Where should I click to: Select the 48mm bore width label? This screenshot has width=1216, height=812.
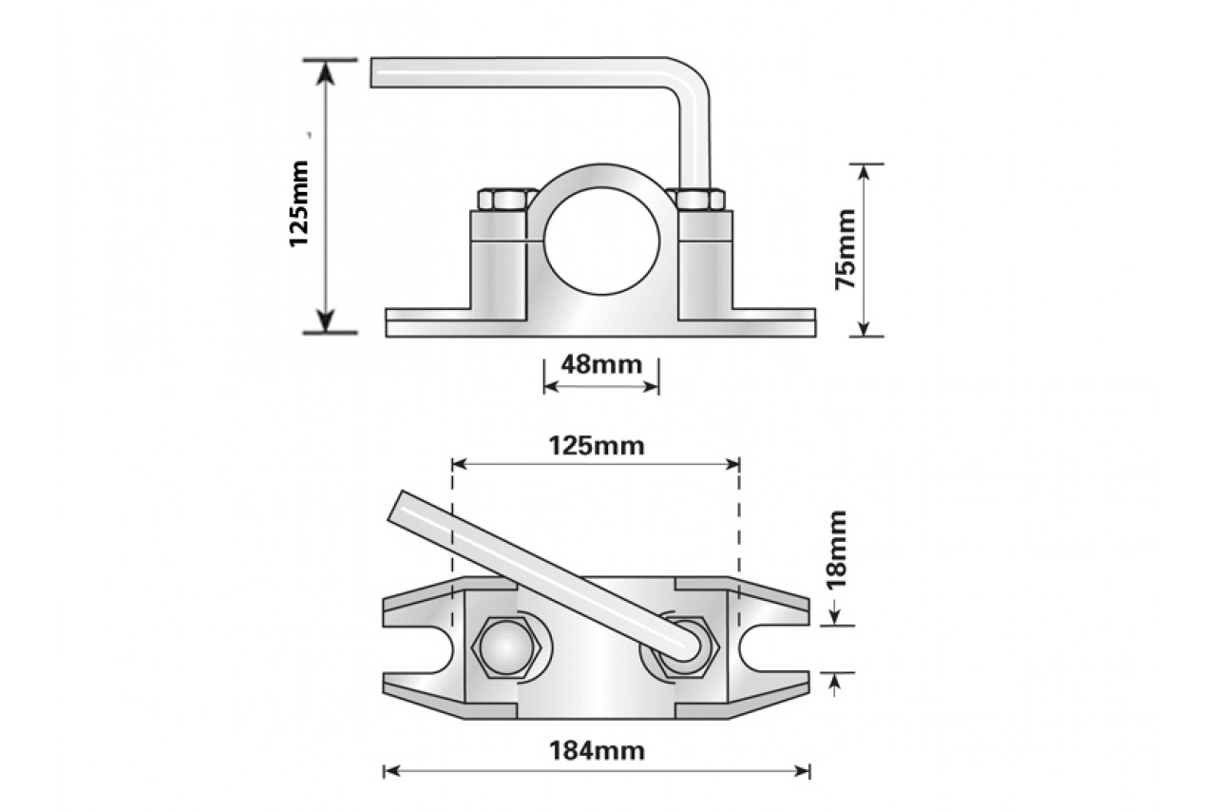pos(600,364)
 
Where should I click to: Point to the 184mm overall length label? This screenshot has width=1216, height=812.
pos(597,751)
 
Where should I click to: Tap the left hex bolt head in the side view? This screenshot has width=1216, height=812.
pos(503,200)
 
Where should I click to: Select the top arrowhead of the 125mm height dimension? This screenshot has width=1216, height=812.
pos(326,69)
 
